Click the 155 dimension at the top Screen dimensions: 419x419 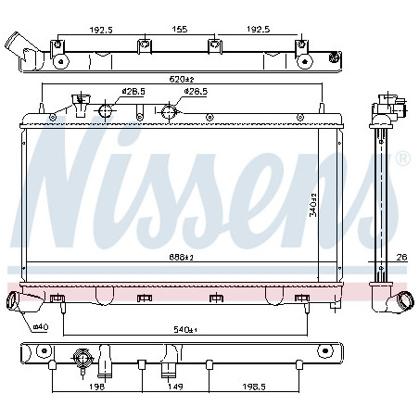tap(180, 29)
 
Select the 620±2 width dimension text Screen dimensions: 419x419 tap(182, 79)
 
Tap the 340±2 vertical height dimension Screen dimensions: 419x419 tap(313, 205)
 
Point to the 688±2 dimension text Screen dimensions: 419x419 tap(182, 257)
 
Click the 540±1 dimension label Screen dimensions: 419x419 tap(185, 330)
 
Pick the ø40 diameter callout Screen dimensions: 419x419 tap(41, 326)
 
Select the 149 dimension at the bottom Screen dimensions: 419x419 tap(175, 387)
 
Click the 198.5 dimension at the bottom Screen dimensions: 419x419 tap(254, 387)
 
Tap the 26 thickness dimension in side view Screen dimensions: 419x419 tap(401, 257)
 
